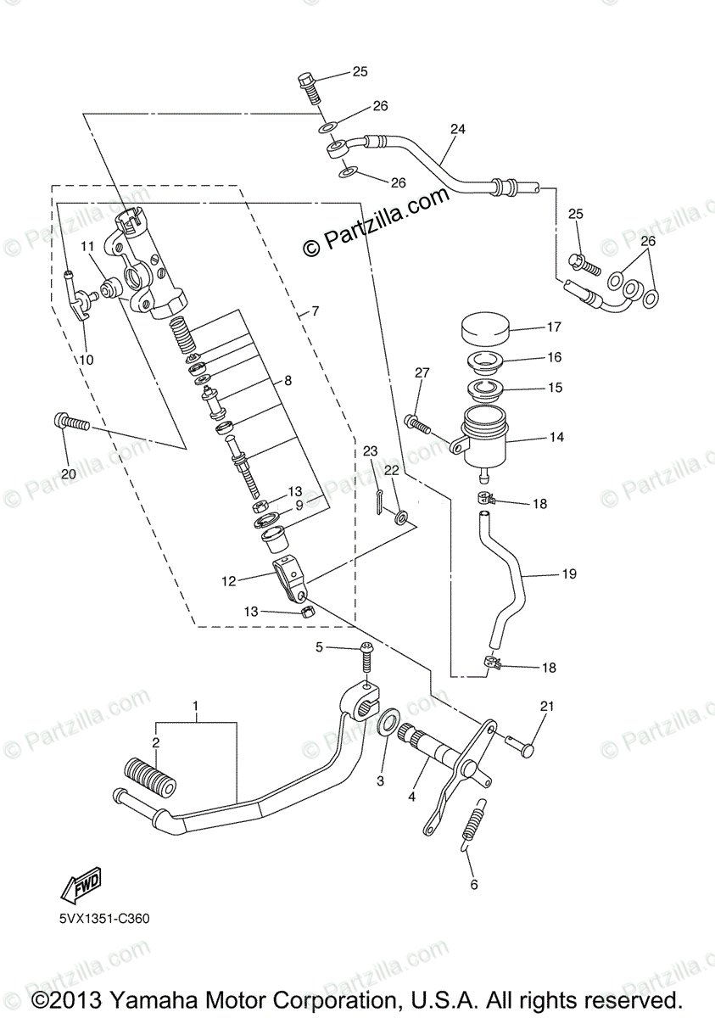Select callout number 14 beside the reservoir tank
pyautogui.click(x=556, y=438)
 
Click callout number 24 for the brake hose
pyautogui.click(x=458, y=130)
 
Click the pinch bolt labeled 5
pyautogui.click(x=366, y=657)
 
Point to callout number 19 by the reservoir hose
pyautogui.click(x=568, y=574)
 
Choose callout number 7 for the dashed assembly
pyautogui.click(x=315, y=311)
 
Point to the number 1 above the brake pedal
pyautogui.click(x=195, y=706)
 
